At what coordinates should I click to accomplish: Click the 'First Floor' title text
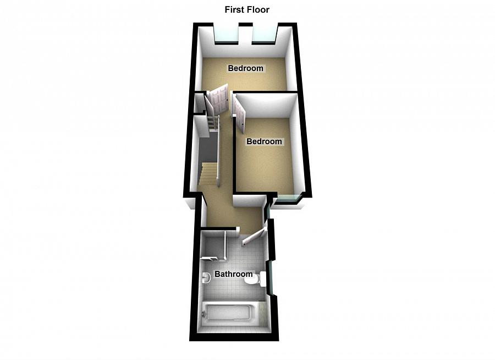pyautogui.click(x=247, y=9)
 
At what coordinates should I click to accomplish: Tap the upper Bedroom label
pyautogui.click(x=246, y=69)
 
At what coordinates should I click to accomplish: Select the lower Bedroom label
pyautogui.click(x=264, y=141)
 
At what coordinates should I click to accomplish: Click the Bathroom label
pyautogui.click(x=233, y=274)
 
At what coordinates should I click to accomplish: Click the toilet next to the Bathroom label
pyautogui.click(x=252, y=281)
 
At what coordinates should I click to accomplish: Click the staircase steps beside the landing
pyautogui.click(x=208, y=174)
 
